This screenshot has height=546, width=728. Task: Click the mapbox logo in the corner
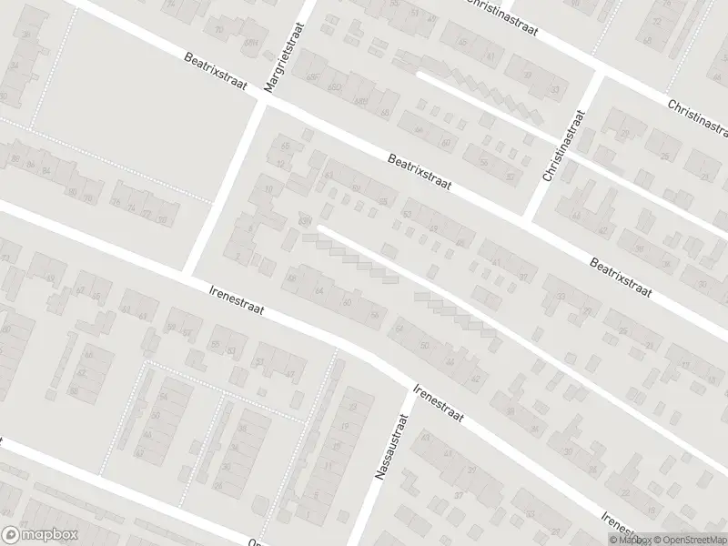point(38,535)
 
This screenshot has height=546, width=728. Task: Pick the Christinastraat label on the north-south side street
point(561,146)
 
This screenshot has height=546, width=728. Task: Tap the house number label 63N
point(304,221)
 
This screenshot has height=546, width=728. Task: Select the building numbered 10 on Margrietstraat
point(268,189)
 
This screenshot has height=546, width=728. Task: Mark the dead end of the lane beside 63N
point(320,227)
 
